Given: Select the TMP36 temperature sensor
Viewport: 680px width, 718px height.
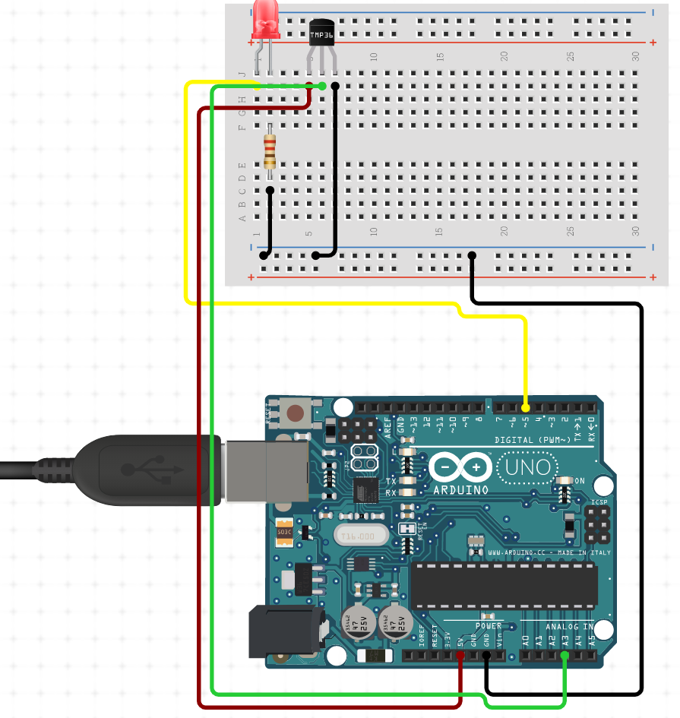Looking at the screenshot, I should point(321,34).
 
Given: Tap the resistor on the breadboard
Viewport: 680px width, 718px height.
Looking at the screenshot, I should point(270,150).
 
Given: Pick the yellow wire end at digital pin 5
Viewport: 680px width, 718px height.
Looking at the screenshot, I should point(526,409).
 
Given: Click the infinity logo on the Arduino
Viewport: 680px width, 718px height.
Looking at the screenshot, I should point(460,466).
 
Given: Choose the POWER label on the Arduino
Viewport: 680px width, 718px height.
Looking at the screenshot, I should point(489,625).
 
